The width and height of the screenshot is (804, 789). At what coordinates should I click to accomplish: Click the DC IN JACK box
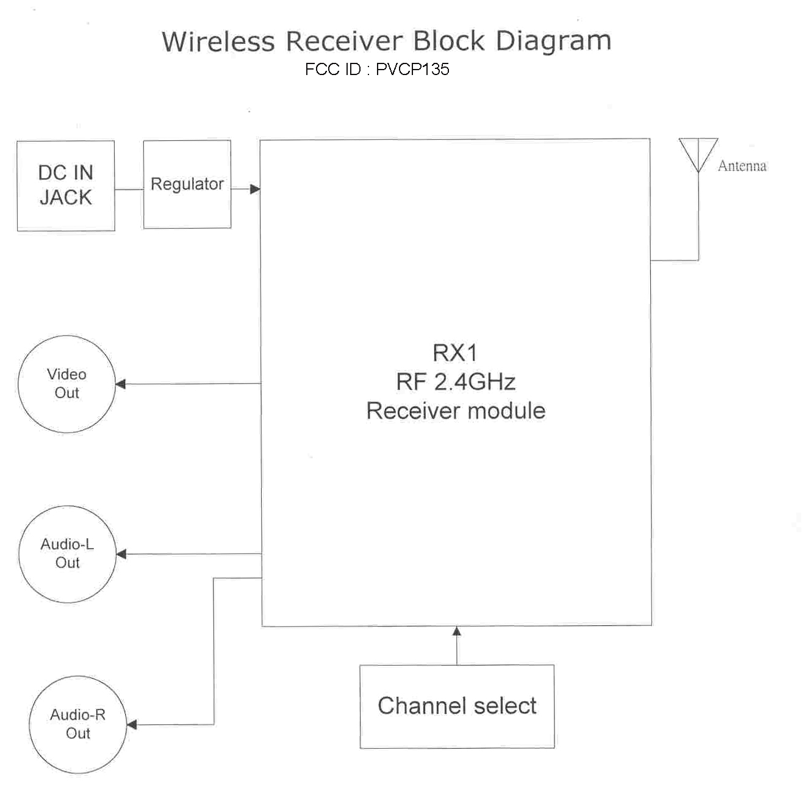point(66,186)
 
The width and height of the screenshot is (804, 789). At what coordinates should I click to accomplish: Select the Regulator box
point(187,184)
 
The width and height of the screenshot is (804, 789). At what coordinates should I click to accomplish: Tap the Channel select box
point(457,706)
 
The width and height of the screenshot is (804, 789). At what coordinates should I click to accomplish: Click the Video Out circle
point(66,384)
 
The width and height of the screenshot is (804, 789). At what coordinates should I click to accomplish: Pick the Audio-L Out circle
point(67,553)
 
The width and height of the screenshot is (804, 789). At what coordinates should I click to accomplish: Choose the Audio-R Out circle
point(77,724)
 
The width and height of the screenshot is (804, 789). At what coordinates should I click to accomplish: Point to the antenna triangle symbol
point(698,153)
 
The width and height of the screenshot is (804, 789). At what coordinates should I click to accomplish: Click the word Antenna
point(742,166)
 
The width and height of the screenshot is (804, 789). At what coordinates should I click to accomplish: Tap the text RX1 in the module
point(455,353)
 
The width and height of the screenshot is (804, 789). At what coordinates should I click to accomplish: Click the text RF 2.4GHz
point(456,382)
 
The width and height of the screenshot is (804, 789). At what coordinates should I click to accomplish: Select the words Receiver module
point(456,411)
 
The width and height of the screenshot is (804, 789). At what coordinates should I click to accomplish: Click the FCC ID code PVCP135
point(412,70)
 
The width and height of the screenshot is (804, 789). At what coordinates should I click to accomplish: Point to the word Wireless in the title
point(218,41)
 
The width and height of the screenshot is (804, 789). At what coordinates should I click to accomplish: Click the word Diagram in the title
point(553,41)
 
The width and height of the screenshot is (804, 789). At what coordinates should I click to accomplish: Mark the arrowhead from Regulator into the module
point(255,189)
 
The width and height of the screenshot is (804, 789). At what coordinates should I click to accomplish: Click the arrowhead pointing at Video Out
point(121,384)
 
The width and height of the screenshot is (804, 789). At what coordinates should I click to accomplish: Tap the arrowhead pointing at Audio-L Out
point(121,554)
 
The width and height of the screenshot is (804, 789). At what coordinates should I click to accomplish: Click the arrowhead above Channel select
point(457,632)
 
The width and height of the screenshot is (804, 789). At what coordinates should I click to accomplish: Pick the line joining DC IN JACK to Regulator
point(129,189)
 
